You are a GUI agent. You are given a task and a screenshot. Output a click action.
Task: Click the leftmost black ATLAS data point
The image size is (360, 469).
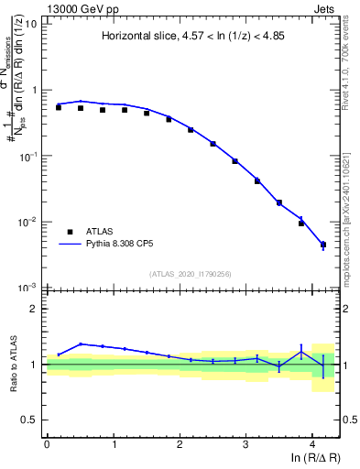[59, 107]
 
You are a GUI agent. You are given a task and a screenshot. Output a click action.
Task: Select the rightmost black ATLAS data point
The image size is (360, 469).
[322, 245]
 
